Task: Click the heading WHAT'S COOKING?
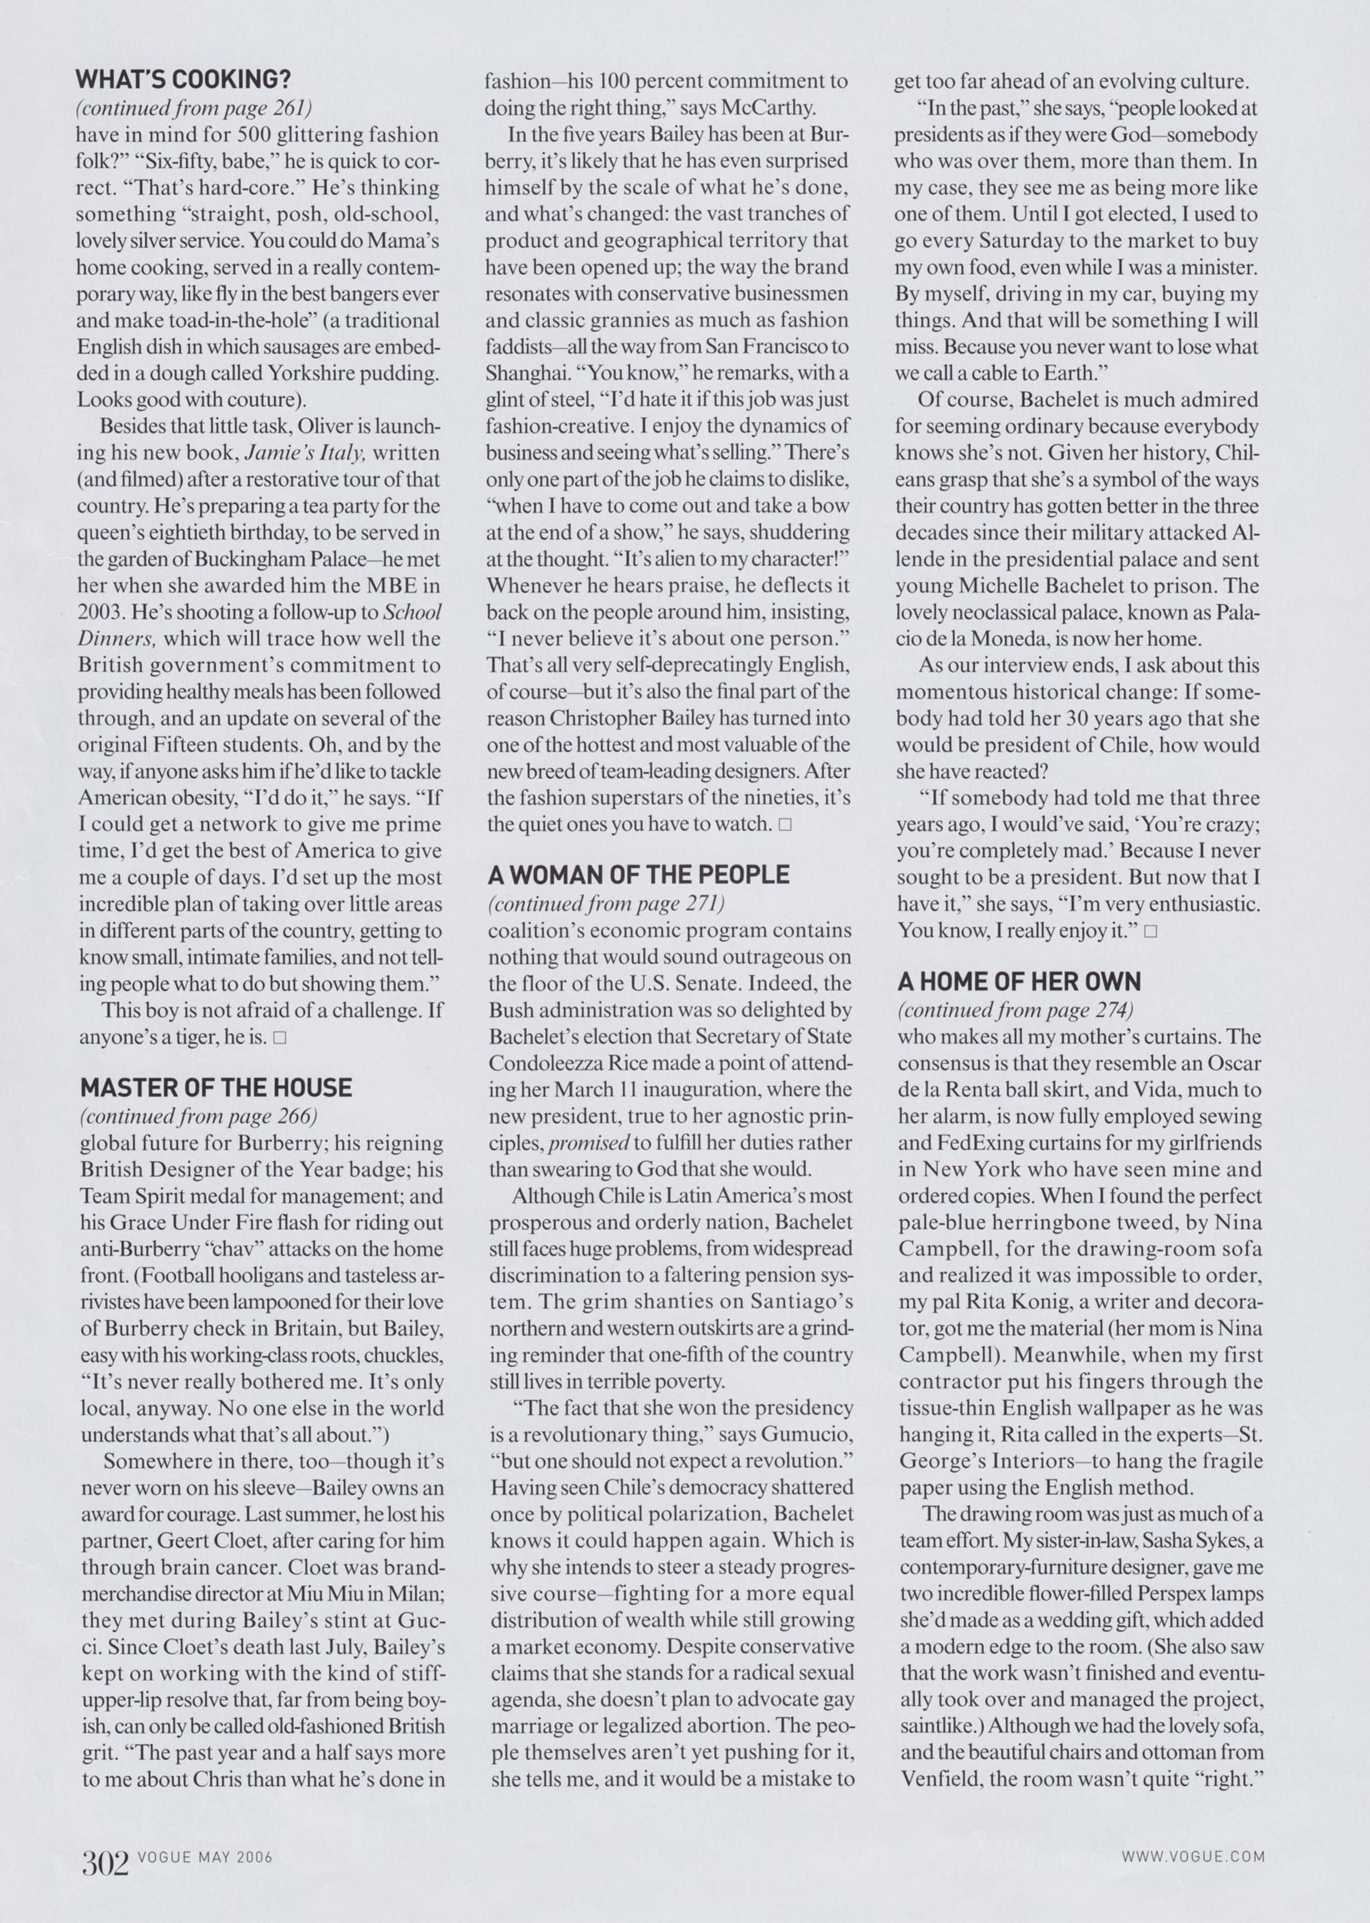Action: coord(183,80)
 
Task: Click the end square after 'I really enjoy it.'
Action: coord(1151,931)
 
